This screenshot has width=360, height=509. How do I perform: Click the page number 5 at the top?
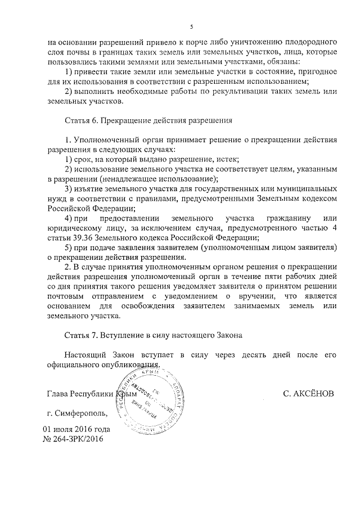pyautogui.click(x=191, y=26)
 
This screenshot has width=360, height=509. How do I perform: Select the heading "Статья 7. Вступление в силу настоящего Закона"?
pyautogui.click(x=153, y=336)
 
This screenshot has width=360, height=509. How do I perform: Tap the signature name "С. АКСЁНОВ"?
pyautogui.click(x=308, y=394)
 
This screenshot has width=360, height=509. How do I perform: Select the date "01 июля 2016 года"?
pyautogui.click(x=77, y=429)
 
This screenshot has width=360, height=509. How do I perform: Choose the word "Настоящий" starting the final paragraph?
pyautogui.click(x=84, y=355)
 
